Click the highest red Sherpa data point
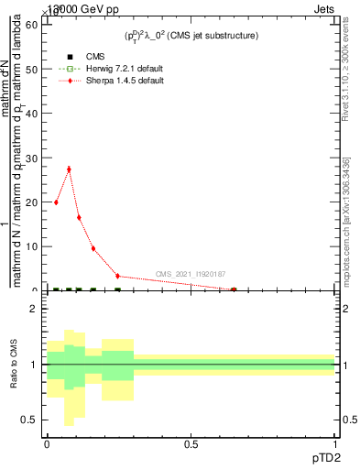[69, 169]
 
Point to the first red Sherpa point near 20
[57, 202]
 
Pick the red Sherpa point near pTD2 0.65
[234, 289]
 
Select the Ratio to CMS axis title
[14, 365]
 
